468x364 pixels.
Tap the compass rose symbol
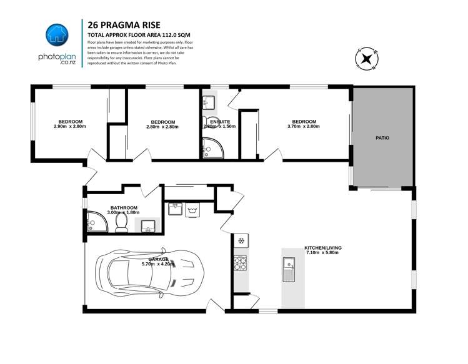pos(365,59)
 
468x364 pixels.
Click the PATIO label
pos(382,137)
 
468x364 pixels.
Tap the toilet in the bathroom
pos(121,224)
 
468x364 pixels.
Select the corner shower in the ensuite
pos(210,149)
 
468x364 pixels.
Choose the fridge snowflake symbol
pos(241,240)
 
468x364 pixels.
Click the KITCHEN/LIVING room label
pos(322,247)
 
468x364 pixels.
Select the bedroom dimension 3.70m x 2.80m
pos(304,127)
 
